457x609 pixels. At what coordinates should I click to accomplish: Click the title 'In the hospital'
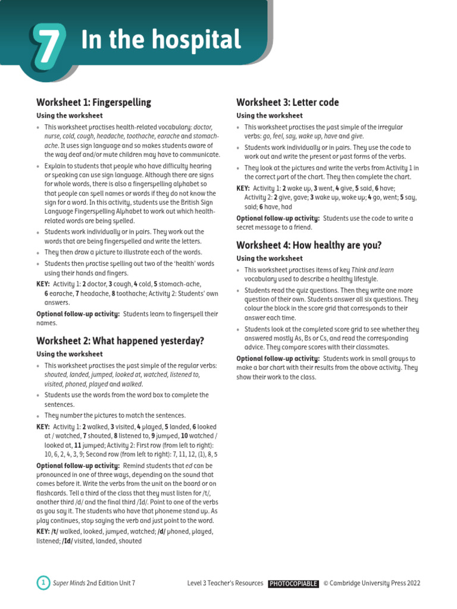coord(161,40)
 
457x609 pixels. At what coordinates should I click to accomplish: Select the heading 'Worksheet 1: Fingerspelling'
coord(93,102)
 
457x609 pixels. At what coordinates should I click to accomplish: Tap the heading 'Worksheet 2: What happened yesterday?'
coord(120,341)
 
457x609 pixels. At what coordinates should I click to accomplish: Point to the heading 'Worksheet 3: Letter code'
coord(287,102)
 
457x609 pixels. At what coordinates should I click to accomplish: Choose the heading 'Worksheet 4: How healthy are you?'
coord(309,245)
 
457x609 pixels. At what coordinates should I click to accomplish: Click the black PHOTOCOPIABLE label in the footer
coord(293,583)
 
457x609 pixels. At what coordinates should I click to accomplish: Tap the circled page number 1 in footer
coord(43,583)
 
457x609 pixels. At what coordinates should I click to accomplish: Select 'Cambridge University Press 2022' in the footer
coord(375,583)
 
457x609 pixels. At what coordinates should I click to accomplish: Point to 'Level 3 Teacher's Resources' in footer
coord(225,583)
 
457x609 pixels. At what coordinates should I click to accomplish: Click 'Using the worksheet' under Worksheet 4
coord(269,259)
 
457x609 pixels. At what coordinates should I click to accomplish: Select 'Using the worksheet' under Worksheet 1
coord(69,116)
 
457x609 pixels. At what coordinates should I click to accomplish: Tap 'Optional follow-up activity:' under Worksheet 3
coord(278,218)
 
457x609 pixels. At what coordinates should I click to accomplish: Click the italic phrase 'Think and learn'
coord(373,270)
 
